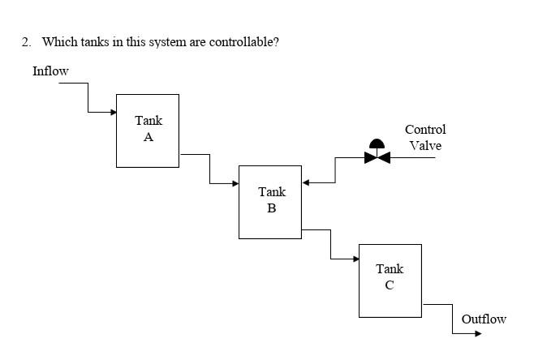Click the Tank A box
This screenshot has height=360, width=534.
(148, 131)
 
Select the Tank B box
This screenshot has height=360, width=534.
(270, 202)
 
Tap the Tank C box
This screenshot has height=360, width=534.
(390, 281)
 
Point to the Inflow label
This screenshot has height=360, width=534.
(50, 71)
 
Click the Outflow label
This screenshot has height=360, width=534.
(484, 319)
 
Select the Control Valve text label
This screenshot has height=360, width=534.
(425, 137)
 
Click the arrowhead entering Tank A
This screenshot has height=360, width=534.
(113, 112)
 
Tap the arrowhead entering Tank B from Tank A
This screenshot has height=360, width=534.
(235, 183)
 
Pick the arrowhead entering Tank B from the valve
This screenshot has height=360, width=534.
(306, 183)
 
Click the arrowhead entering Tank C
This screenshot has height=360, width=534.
(355, 259)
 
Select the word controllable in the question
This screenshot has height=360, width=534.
(243, 41)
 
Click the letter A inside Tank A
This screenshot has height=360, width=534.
(149, 138)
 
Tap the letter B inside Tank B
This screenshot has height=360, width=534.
(272, 208)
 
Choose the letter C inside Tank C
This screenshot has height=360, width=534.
(390, 285)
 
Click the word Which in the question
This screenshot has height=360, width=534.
(58, 41)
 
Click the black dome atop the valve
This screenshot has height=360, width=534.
(377, 146)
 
